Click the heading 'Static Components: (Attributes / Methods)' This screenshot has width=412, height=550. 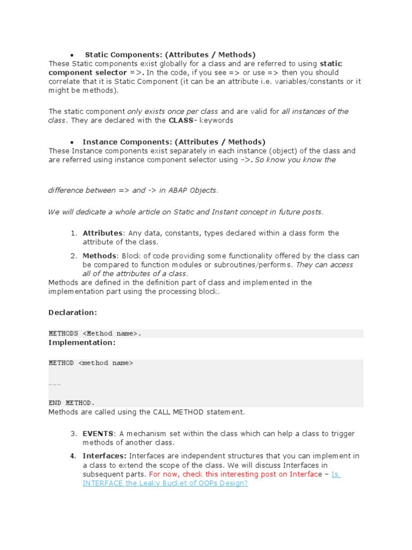pyautogui.click(x=170, y=55)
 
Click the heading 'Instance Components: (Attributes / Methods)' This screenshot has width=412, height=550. pyautogui.click(x=174, y=142)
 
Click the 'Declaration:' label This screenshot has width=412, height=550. pyautogui.click(x=72, y=312)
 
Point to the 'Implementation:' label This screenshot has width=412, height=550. pyautogui.click(x=82, y=342)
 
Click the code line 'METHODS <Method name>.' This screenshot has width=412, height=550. pyautogui.click(x=95, y=334)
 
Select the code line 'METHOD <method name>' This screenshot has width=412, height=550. pyautogui.click(x=91, y=363)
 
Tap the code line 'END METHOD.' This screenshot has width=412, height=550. pyautogui.click(x=71, y=403)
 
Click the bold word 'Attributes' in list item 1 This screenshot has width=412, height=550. pyautogui.click(x=102, y=233)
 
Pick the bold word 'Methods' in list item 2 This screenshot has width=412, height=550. pyautogui.click(x=99, y=256)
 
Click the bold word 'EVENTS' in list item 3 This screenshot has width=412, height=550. pyautogui.click(x=98, y=433)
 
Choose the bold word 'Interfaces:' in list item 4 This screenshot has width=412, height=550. pyautogui.click(x=105, y=456)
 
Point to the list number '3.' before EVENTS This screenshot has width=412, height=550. pyautogui.click(x=73, y=433)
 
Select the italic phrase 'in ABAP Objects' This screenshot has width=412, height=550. pyautogui.click(x=188, y=190)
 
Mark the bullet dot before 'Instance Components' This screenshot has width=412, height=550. pyautogui.click(x=72, y=142)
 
